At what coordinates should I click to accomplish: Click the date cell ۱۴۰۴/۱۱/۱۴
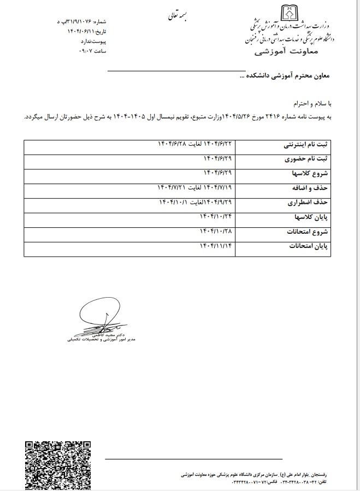215,245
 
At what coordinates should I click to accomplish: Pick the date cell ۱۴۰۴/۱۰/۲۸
215,231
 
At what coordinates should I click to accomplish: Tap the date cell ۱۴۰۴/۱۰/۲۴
215,217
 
